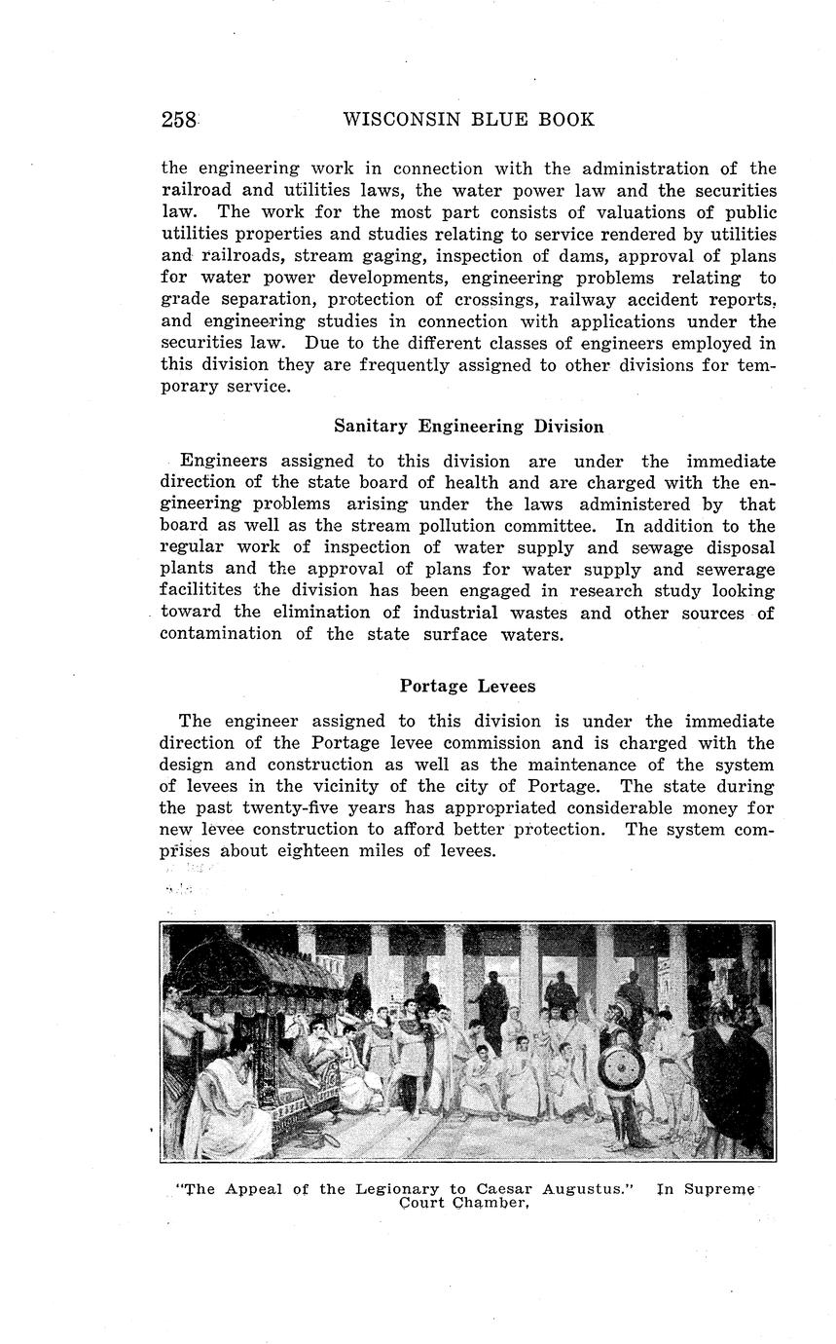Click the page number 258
[180, 120]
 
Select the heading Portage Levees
[467, 686]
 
